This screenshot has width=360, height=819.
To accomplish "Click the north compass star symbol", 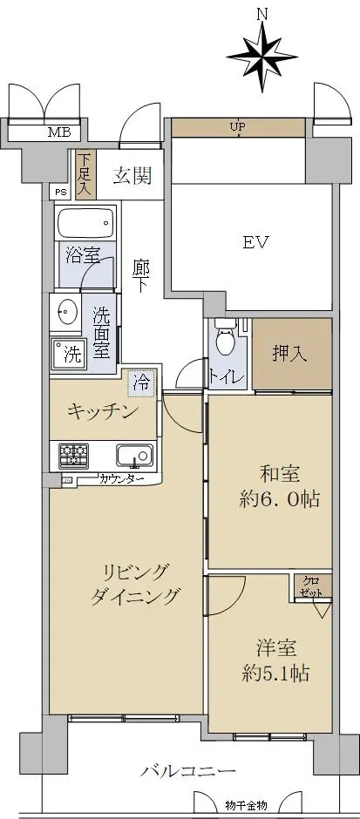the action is point(262,57).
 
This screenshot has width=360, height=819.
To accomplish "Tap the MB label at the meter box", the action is point(60,132).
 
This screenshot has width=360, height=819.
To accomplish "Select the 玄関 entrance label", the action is point(132,176).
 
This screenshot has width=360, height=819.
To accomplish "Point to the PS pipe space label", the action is point(61,193).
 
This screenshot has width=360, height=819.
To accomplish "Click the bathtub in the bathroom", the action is point(85,224).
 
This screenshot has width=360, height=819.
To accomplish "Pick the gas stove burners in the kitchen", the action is point(74,456).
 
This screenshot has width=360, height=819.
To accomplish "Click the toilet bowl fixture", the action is point(225,338).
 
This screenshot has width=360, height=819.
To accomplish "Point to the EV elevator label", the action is point(255,243).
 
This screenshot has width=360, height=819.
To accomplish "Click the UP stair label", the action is point(240,125).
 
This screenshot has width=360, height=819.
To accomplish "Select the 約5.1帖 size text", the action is point(275,673).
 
